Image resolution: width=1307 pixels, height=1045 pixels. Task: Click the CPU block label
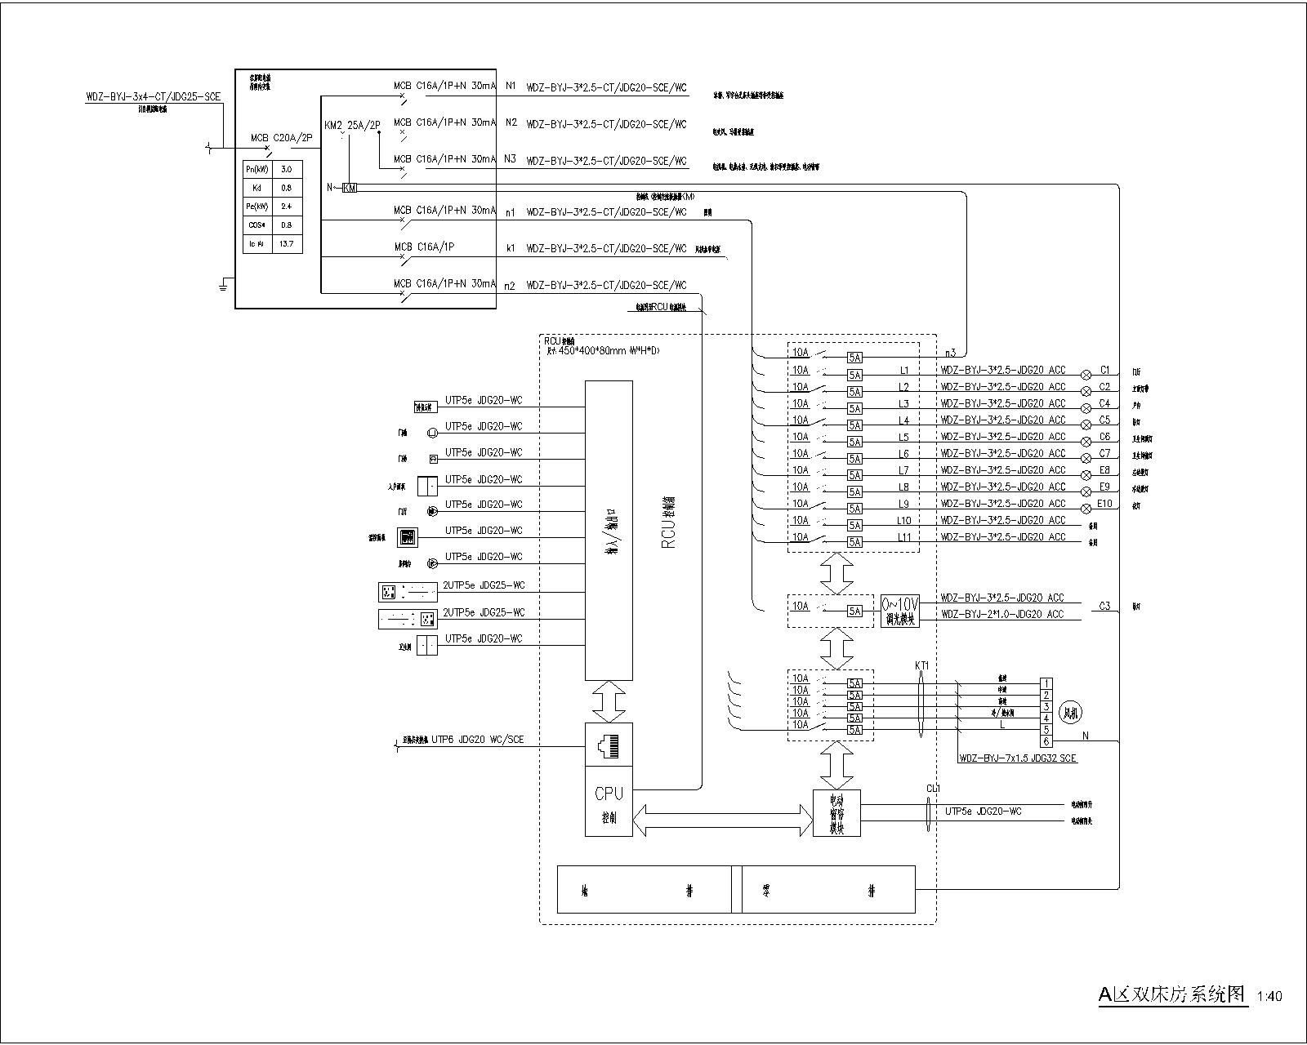[x=609, y=794]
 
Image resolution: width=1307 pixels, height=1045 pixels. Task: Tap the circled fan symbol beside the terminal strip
[x=1069, y=712]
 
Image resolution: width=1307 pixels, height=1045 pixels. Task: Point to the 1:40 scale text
[x=1269, y=996]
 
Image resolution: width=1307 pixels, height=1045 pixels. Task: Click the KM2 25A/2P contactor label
[x=352, y=126]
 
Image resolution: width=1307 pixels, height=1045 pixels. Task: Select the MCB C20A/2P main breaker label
[x=281, y=139]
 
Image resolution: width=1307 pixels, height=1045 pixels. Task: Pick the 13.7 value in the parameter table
[x=286, y=243]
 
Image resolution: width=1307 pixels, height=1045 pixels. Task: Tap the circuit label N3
[x=511, y=159]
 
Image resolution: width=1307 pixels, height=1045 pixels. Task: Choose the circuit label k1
[x=511, y=248]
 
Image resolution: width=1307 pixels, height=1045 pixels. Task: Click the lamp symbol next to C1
[x=1086, y=375]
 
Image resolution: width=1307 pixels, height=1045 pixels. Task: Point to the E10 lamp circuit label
[x=1104, y=504]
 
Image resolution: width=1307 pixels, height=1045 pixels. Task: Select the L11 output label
[x=903, y=537]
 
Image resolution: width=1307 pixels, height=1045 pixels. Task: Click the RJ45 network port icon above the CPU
[x=609, y=744]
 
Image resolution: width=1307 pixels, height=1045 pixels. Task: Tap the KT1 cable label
[x=921, y=666]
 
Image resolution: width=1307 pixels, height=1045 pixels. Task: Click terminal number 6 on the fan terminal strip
[x=1046, y=741]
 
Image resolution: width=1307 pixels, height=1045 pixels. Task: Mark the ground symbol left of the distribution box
[x=222, y=285]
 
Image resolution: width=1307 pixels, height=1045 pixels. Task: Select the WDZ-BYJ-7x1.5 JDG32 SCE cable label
[x=1018, y=758]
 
